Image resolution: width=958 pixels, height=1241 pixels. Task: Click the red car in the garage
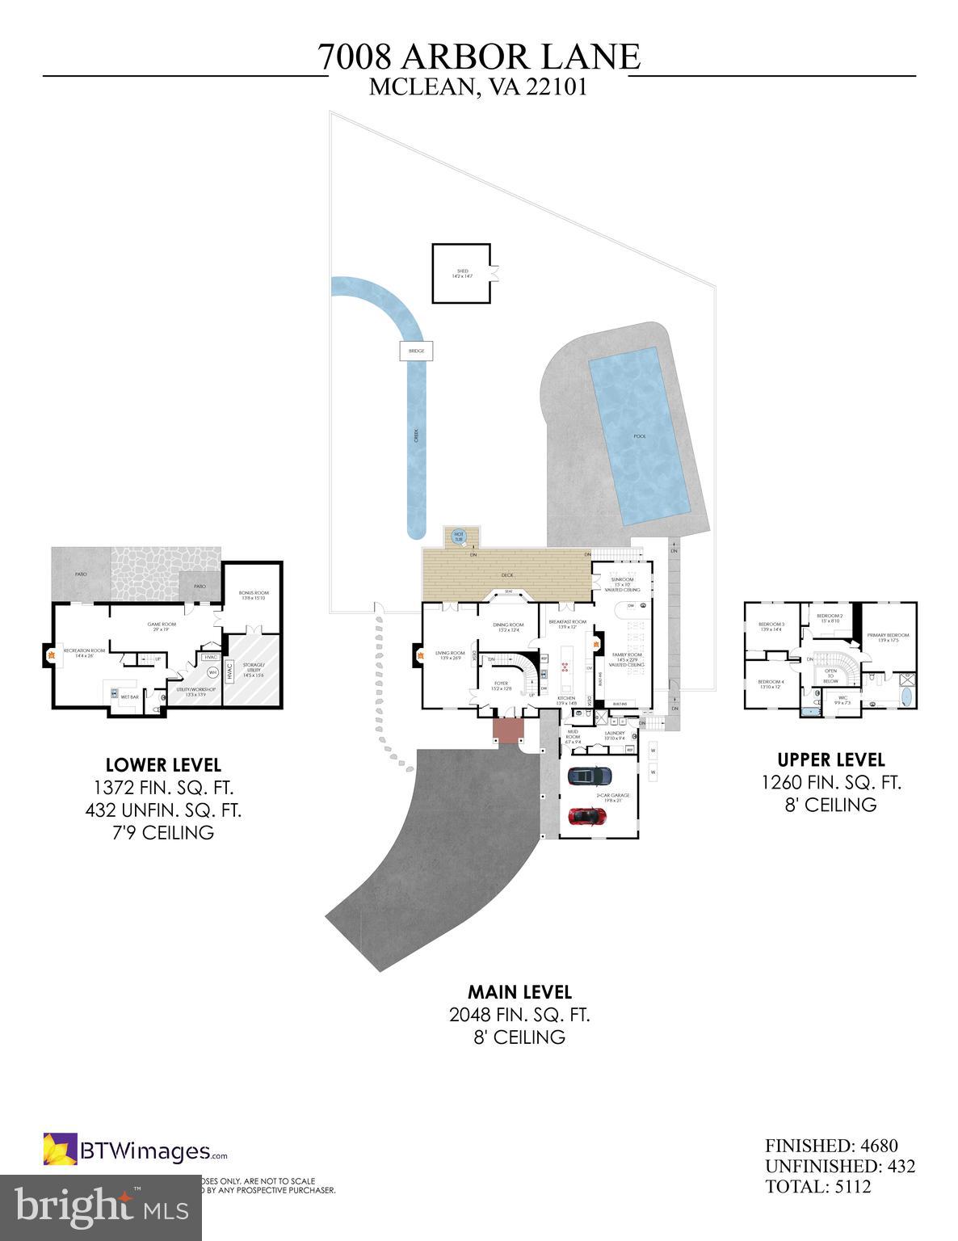[589, 816]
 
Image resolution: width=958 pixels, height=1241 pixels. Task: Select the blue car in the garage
[589, 776]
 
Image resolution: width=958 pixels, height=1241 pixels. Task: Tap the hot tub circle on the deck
[459, 535]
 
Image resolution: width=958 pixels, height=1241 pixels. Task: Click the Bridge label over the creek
[416, 351]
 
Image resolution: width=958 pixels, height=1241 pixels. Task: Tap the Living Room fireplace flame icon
[418, 656]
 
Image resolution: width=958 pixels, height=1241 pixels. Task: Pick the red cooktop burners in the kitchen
[564, 668]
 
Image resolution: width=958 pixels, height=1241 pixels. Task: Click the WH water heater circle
[213, 671]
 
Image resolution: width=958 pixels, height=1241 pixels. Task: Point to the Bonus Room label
[253, 595]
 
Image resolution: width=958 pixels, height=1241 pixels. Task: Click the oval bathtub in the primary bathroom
[905, 697]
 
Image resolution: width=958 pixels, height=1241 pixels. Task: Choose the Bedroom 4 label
[771, 684]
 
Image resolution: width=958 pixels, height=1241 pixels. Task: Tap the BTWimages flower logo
[60, 1150]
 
